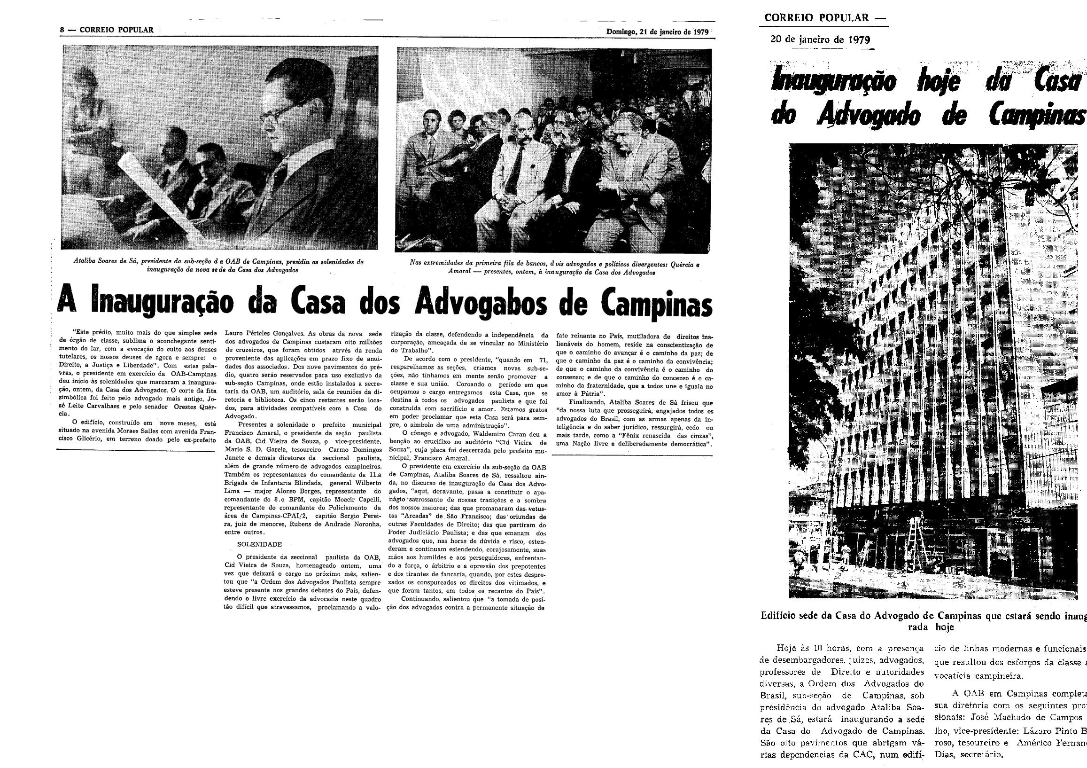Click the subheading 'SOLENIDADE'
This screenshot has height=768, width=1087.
click(x=259, y=544)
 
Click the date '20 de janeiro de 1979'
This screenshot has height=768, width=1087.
click(x=820, y=39)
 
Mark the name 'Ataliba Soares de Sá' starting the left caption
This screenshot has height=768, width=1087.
click(x=105, y=261)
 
